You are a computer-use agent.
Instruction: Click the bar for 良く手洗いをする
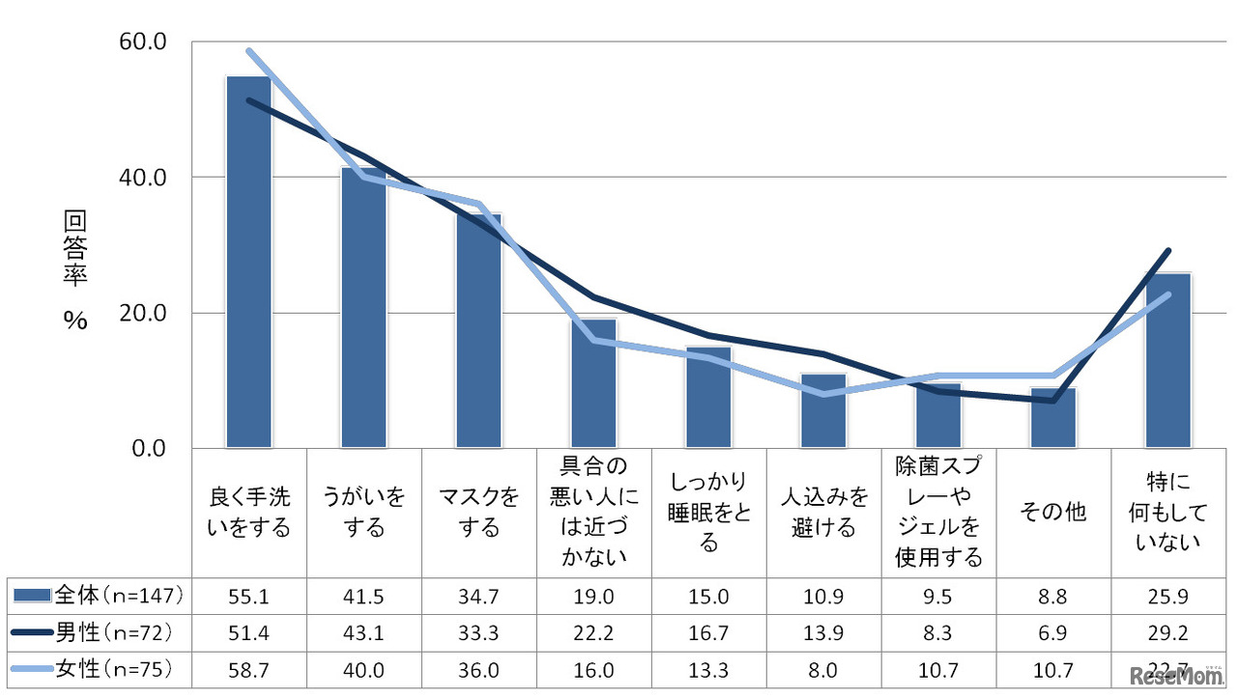pyautogui.click(x=248, y=262)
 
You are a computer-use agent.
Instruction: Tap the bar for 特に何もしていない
pyautogui.click(x=1167, y=361)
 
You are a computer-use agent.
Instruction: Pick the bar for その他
pyautogui.click(x=1052, y=418)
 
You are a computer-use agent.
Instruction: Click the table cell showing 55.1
pyautogui.click(x=249, y=596)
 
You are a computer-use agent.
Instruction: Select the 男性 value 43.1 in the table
pyautogui.click(x=363, y=632)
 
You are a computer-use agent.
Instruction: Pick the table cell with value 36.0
pyautogui.click(x=478, y=669)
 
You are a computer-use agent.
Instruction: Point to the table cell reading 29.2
pyautogui.click(x=1167, y=632)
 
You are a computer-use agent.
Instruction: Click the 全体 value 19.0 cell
pyautogui.click(x=593, y=596)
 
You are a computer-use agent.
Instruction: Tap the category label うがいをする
pyautogui.click(x=363, y=513)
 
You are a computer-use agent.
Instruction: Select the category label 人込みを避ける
pyautogui.click(x=823, y=513)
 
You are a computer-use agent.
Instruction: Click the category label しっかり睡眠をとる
pyautogui.click(x=708, y=513)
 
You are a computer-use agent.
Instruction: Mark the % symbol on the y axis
pyautogui.click(x=75, y=322)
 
